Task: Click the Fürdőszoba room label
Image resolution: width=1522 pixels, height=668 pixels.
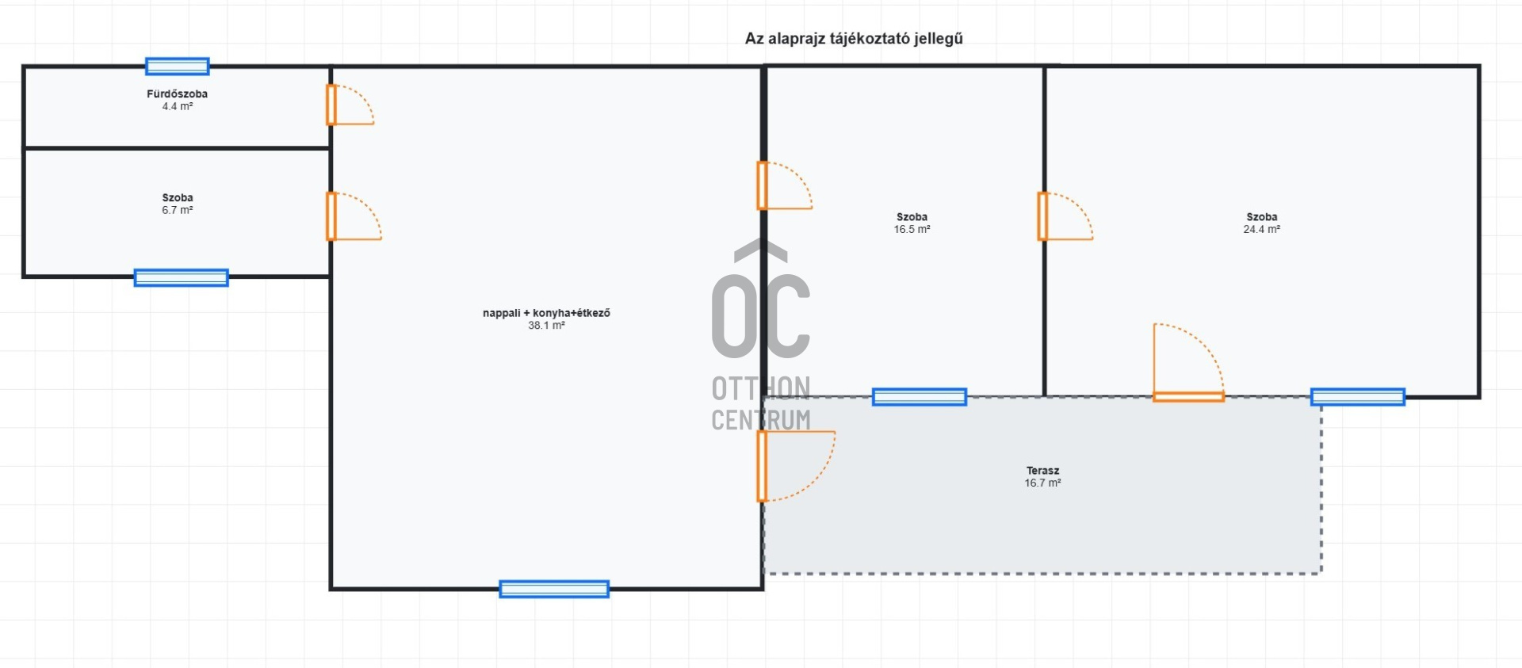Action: coord(177,94)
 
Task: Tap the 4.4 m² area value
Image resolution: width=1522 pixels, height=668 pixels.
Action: coord(178,106)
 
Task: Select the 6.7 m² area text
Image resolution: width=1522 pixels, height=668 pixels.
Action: coord(178,210)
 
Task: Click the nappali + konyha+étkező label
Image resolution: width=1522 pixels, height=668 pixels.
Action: coord(546,313)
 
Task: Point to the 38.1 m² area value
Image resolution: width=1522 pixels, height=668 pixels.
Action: coord(546,326)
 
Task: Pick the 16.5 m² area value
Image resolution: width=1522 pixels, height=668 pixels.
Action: coord(912,229)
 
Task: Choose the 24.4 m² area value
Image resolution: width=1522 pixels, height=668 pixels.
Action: coord(1261,229)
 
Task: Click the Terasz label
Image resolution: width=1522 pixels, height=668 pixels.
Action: coord(1042,471)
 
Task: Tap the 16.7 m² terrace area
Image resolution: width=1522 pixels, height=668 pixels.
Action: coord(1042,483)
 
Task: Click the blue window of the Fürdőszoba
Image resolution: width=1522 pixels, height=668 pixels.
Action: coord(178,67)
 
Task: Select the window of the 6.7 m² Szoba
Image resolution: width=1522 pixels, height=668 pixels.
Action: coord(182,277)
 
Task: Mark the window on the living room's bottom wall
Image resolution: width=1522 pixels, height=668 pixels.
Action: coord(554,589)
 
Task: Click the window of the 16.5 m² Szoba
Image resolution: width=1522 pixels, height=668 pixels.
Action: coord(920,397)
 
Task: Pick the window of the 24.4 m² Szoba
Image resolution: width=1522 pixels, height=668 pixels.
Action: coord(1358,397)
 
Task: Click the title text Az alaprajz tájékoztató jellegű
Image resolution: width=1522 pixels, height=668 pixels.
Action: coord(854,39)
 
